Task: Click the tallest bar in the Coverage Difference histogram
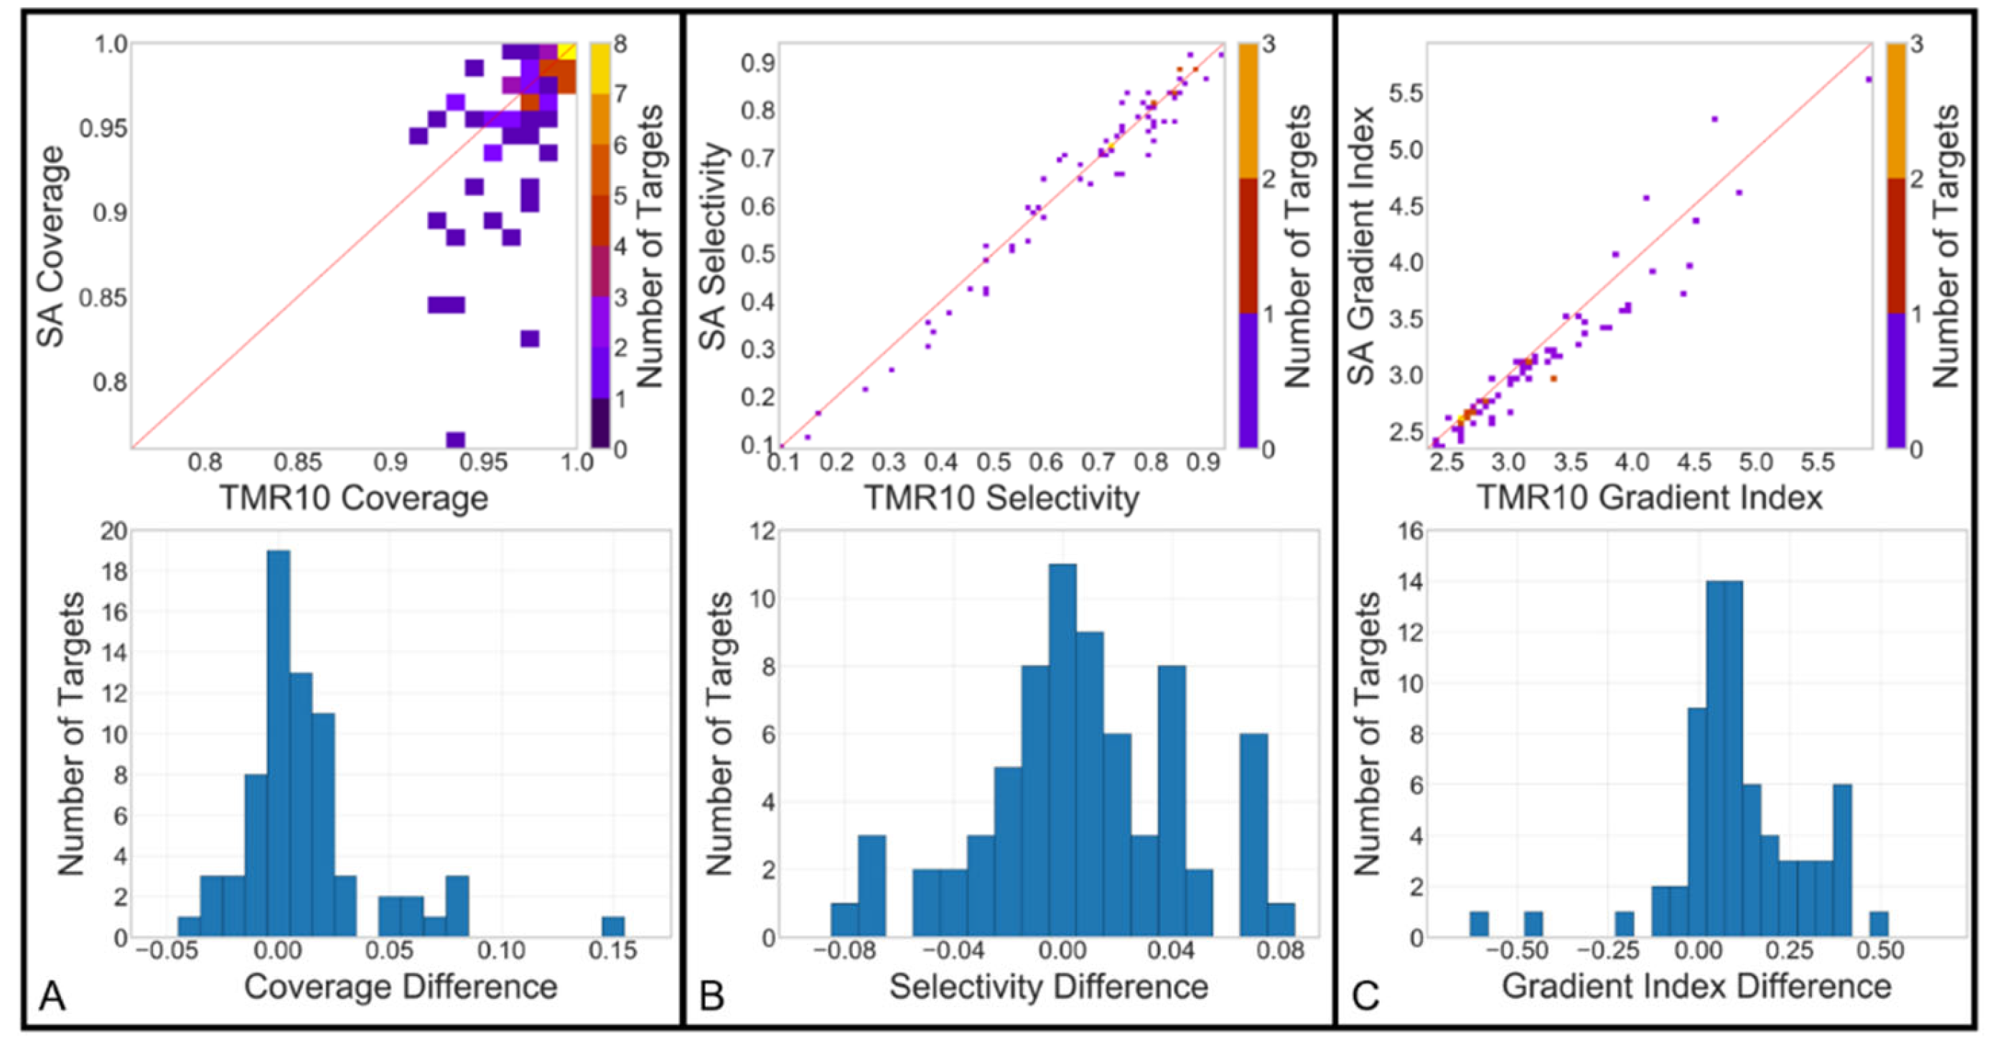click(278, 744)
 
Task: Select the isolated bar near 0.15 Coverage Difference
click(613, 926)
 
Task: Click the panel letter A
click(52, 995)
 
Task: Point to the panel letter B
click(711, 995)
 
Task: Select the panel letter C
click(1365, 995)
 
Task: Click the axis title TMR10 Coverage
click(354, 498)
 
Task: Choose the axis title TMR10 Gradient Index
click(1650, 498)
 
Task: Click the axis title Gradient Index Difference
click(1696, 987)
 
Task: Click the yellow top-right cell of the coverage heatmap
click(567, 51)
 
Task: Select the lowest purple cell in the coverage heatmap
click(455, 440)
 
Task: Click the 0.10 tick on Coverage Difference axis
click(501, 950)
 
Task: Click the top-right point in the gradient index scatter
click(1868, 79)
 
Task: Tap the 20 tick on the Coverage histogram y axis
click(113, 531)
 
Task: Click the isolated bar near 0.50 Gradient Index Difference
click(1879, 924)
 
